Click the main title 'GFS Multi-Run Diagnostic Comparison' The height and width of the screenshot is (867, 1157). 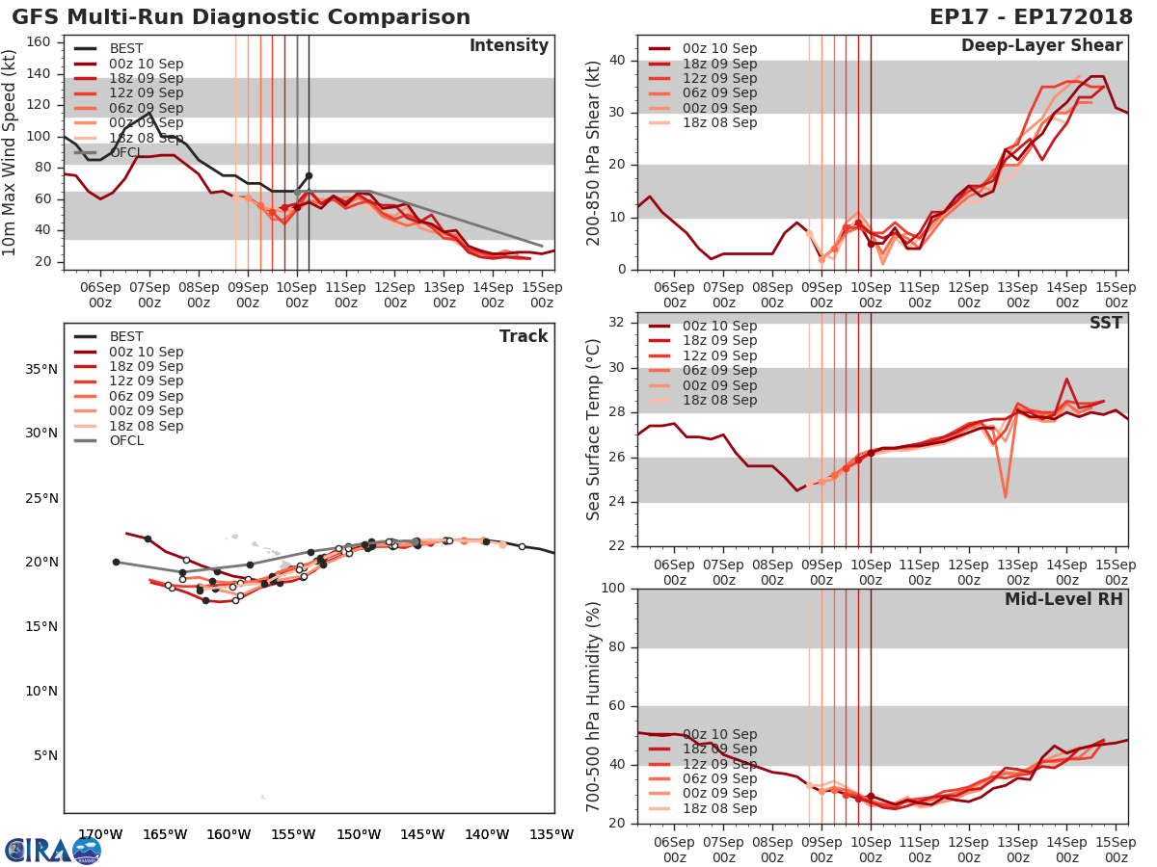point(241,17)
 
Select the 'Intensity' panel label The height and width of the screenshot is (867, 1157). point(509,46)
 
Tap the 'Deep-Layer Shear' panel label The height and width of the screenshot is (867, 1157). point(1041,46)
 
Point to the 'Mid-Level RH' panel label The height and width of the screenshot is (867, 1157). point(1063,599)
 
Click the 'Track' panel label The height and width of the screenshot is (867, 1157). point(524,336)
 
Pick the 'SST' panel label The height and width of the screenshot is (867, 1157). point(1106,323)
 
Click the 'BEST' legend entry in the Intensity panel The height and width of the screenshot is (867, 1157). point(126,49)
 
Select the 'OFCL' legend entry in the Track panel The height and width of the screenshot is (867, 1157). point(126,441)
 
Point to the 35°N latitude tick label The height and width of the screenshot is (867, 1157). point(40,369)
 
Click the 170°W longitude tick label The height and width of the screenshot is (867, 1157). point(98,834)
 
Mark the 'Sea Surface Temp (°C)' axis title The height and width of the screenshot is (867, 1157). point(594,430)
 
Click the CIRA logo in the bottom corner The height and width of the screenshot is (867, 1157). point(52,850)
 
